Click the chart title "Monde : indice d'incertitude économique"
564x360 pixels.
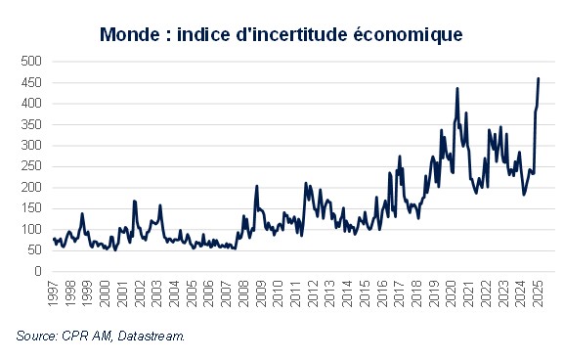coord(281,33)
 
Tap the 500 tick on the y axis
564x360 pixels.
coord(32,61)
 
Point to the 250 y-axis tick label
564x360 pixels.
coord(32,166)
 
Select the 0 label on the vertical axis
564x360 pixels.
coord(39,272)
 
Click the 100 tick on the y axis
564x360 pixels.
coord(32,230)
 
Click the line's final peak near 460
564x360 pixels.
coord(539,78)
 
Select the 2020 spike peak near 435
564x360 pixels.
coord(457,89)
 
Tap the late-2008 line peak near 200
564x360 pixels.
coord(256,186)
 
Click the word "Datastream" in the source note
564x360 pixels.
coord(154,337)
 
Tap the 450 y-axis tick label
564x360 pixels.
coord(32,82)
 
